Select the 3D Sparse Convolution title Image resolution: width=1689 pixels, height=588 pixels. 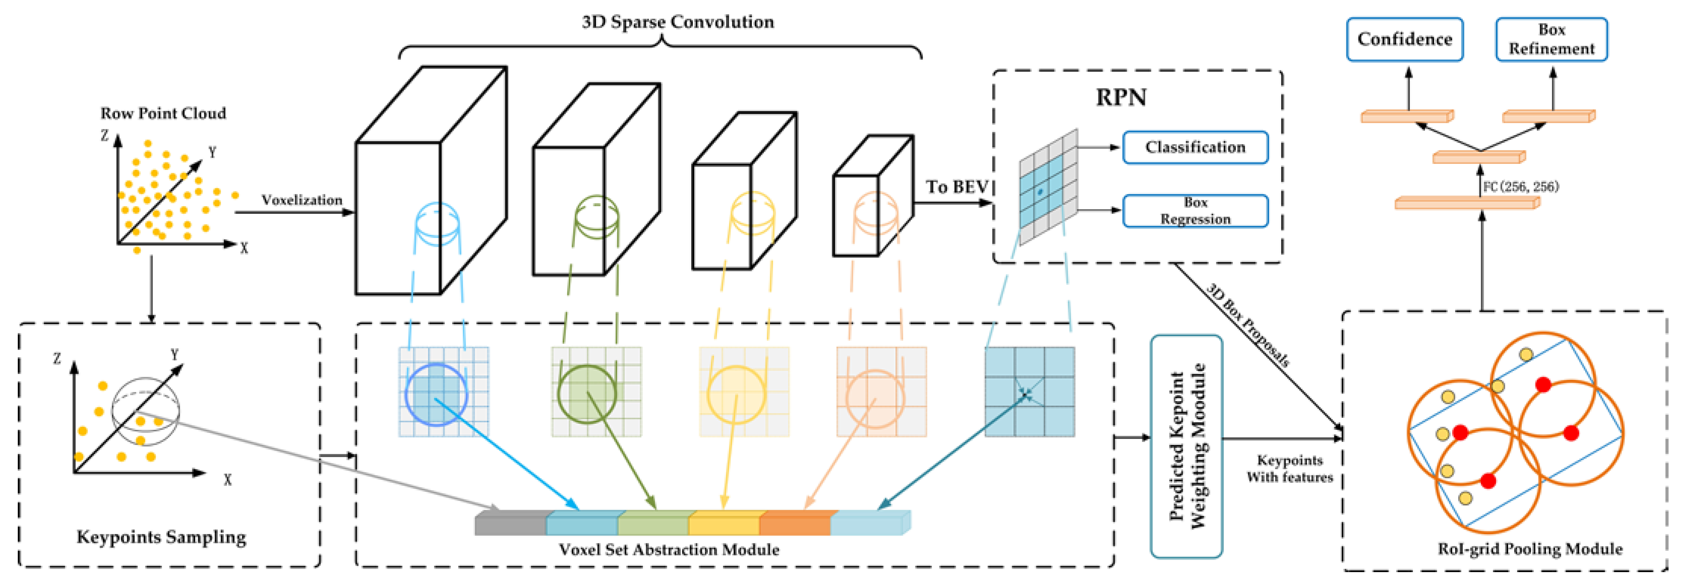coord(677,22)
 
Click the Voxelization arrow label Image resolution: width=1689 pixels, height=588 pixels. coord(302,200)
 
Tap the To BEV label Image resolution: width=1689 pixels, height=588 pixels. coord(956,187)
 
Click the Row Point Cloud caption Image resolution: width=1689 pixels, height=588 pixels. coord(163,114)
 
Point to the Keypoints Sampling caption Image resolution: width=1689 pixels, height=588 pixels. coord(161,537)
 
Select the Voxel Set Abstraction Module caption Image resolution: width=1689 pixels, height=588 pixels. coord(669,549)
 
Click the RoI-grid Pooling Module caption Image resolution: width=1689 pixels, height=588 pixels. coord(1530,549)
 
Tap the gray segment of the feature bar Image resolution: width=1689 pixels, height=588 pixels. coord(510,523)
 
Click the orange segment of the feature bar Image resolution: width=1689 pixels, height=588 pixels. coord(795,523)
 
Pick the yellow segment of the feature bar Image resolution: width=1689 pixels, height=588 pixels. coord(724,523)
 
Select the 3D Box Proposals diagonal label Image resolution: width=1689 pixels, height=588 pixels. coord(1248,325)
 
